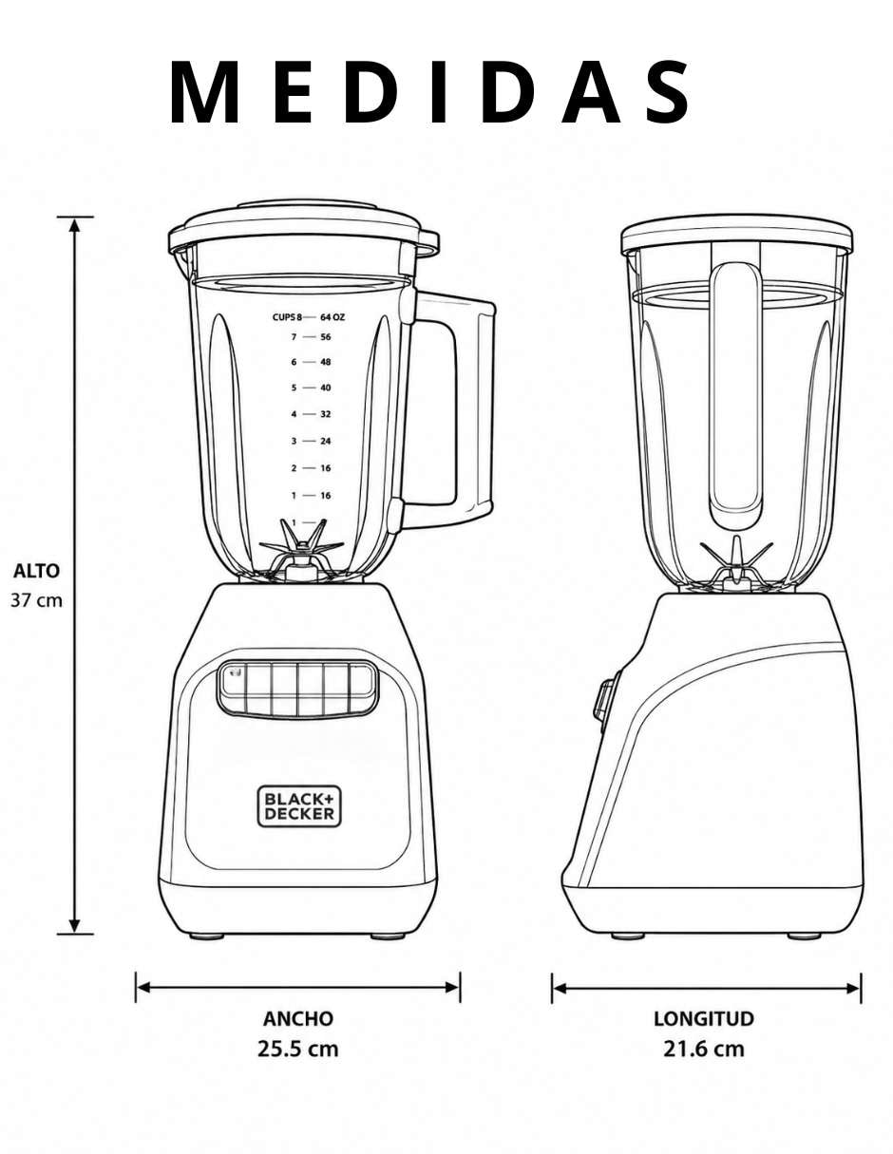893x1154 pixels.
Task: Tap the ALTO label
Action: click(x=37, y=572)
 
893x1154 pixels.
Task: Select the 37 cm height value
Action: click(x=37, y=600)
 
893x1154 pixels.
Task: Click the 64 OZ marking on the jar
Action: click(x=332, y=317)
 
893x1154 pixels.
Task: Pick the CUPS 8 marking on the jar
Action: click(x=287, y=317)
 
